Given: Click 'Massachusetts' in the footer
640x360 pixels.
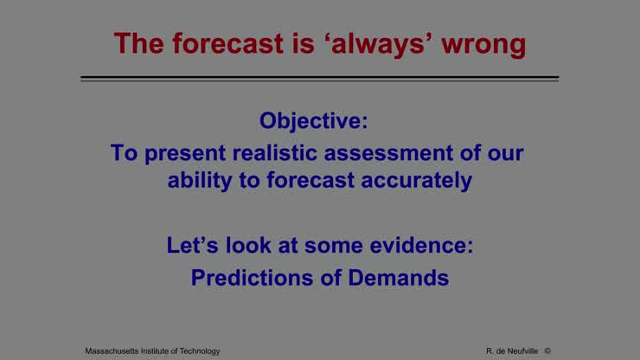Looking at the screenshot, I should (x=114, y=350).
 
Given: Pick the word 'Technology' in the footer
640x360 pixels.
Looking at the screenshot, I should (x=197, y=350).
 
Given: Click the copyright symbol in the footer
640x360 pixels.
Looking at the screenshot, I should (x=547, y=350).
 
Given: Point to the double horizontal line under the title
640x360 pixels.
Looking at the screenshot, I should (x=319, y=79).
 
